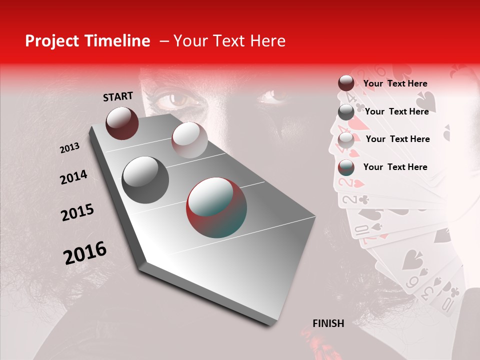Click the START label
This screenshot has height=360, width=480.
pos(118,96)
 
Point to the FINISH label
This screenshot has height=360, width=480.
pos(328,323)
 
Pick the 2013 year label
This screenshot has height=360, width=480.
pos(69,148)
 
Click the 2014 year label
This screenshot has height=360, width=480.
pos(73,177)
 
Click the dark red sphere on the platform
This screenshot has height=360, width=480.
pos(122,123)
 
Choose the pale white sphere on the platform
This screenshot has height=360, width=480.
pos(189,140)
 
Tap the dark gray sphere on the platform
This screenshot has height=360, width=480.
pos(145,180)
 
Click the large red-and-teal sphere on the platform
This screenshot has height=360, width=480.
pos(216,207)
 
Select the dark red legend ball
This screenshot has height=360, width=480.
pos(346,83)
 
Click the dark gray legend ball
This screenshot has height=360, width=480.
pos(346,112)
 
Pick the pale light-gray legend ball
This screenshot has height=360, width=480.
pos(346,140)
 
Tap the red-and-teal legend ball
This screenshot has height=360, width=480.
pos(346,167)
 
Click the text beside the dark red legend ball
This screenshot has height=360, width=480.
pos(395,84)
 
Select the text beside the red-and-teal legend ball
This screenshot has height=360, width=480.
pos(395,167)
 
